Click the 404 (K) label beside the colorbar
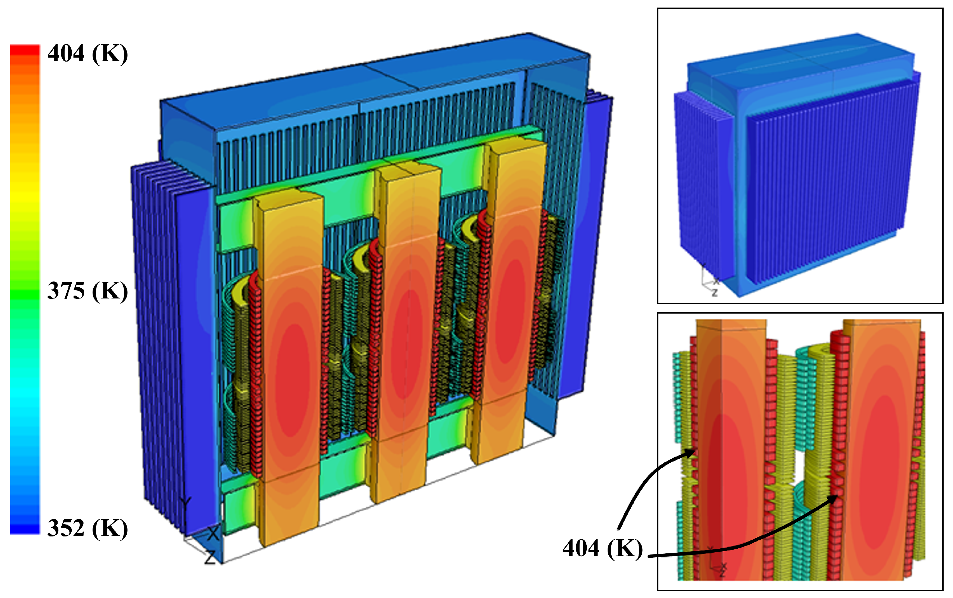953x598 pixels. [x=88, y=53]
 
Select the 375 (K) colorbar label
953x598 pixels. [x=88, y=291]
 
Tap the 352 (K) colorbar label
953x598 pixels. [x=88, y=528]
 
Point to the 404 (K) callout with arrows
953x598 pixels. [x=603, y=548]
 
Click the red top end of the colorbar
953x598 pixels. [x=25, y=51]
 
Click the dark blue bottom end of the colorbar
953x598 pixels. [x=25, y=528]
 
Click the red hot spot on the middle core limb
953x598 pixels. [x=403, y=344]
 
